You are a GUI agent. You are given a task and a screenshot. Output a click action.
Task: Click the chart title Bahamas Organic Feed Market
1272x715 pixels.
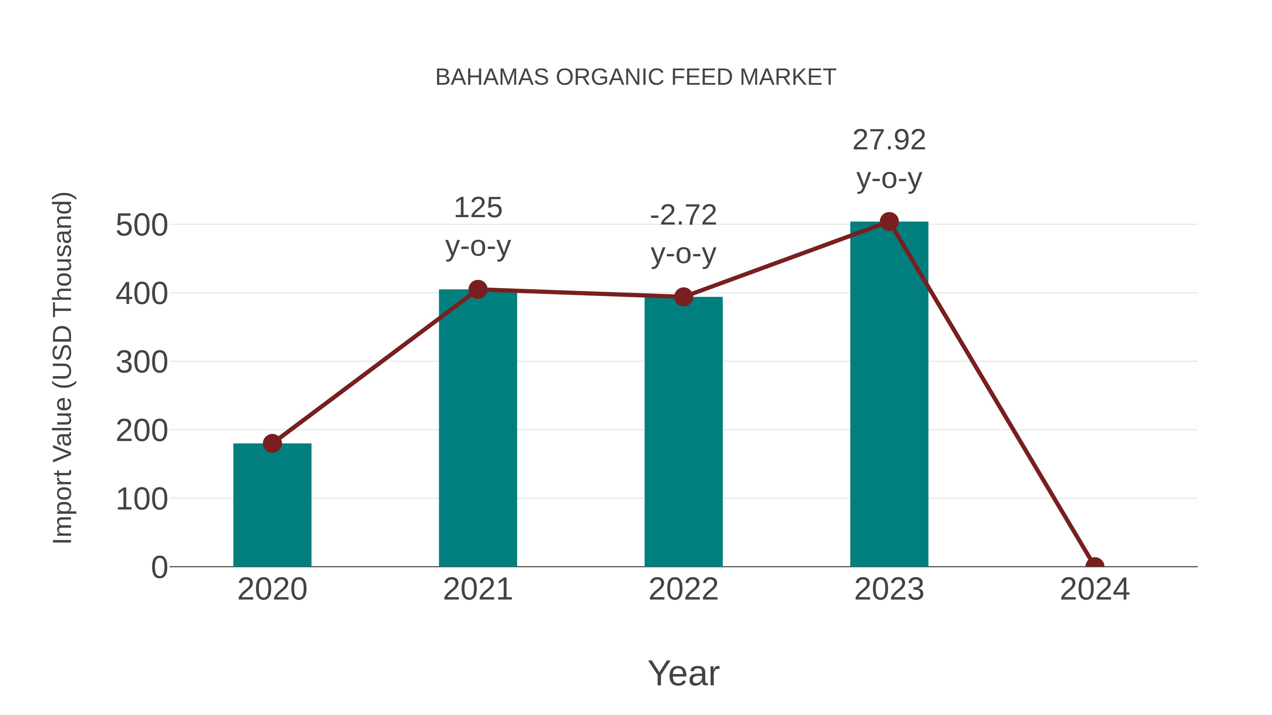pos(636,77)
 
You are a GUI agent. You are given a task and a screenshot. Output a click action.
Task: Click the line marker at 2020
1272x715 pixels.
pos(272,443)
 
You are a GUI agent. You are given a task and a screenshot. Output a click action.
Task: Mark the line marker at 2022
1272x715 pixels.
pos(683,297)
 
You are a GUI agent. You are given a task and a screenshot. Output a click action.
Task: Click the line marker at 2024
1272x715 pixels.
pos(1095,566)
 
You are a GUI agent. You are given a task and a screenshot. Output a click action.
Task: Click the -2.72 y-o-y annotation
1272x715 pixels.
pos(683,234)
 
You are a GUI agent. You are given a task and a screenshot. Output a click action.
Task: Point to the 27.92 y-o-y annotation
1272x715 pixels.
pos(889,159)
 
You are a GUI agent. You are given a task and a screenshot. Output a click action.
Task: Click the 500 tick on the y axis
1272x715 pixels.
pos(142,226)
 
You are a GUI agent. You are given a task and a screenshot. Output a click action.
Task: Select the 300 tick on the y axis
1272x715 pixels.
pos(142,362)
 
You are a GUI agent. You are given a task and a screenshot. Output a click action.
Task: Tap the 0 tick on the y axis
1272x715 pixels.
pos(159,567)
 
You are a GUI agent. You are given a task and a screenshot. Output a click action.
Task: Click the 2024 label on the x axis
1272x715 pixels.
pos(1095,589)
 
